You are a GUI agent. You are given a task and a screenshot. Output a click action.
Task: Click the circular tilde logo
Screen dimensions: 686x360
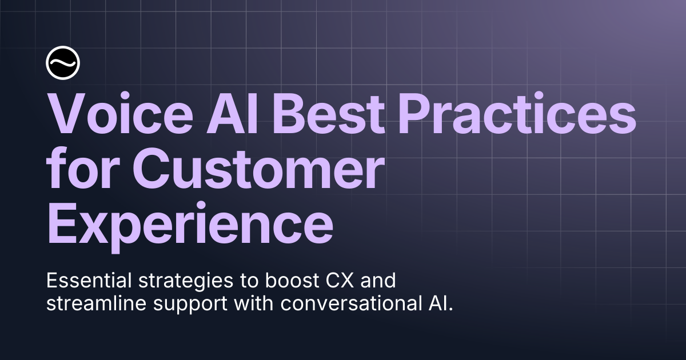pyautogui.click(x=63, y=63)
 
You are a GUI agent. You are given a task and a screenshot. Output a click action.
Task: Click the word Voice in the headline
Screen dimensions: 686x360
pyautogui.click(x=119, y=114)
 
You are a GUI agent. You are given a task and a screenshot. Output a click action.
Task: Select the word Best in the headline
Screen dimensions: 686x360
pyautogui.click(x=328, y=114)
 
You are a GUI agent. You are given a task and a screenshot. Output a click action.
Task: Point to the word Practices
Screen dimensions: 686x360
pyautogui.click(x=517, y=113)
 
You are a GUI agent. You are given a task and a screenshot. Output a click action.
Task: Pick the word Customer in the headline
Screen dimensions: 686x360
pyautogui.click(x=258, y=168)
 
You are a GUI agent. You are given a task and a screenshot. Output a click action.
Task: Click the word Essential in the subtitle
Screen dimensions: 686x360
pyautogui.click(x=89, y=281)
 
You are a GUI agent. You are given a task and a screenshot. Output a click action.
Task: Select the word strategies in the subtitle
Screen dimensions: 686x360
pyautogui.click(x=186, y=282)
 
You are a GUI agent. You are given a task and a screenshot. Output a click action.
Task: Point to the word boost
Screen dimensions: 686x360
pyautogui.click(x=292, y=281)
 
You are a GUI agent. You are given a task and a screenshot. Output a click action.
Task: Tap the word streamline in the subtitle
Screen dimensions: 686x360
pyautogui.click(x=96, y=303)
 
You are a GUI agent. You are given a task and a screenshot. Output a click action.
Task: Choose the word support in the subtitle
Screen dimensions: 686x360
pyautogui.click(x=190, y=306)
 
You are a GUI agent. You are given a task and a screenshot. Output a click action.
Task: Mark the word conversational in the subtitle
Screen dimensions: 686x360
pyautogui.click(x=349, y=303)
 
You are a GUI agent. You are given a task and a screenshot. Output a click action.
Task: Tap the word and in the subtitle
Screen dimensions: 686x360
pyautogui.click(x=378, y=281)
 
